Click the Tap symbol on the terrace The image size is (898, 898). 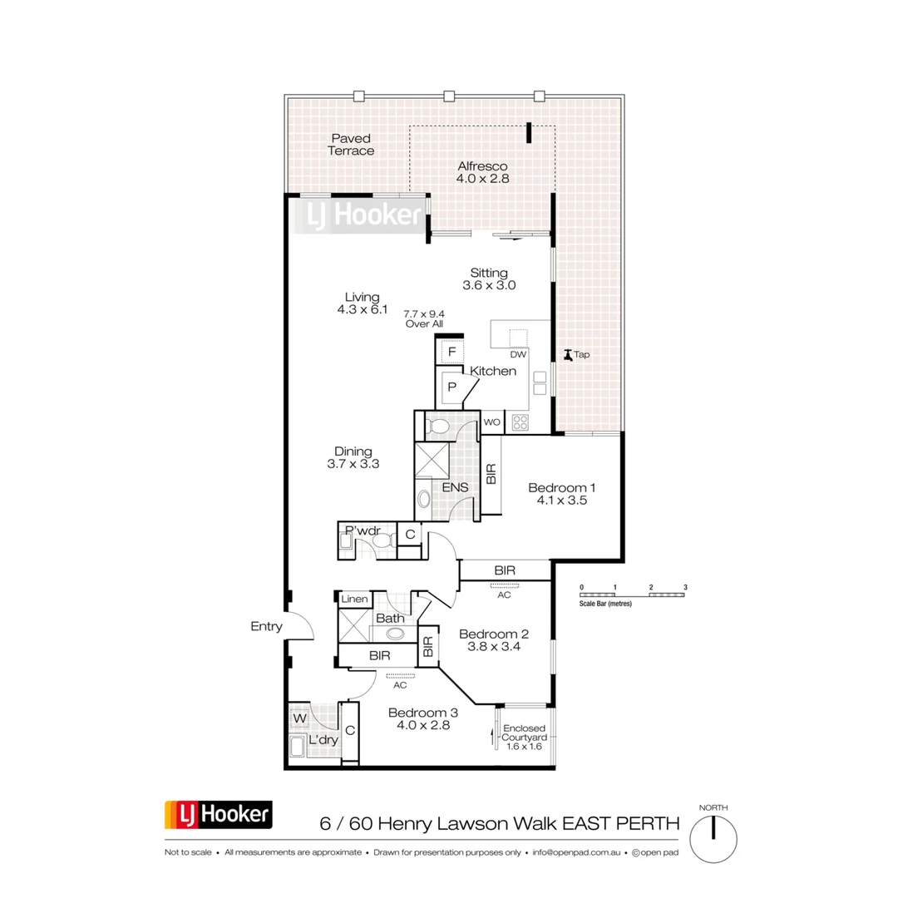568,355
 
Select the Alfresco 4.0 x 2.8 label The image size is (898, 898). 482,172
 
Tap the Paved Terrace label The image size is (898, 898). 350,145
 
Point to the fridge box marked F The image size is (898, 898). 451,352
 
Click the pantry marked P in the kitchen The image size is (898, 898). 452,387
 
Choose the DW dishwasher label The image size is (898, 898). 519,353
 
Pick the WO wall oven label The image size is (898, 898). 491,422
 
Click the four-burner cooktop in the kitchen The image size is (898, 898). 521,422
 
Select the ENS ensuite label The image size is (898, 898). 456,487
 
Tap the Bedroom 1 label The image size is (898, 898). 563,494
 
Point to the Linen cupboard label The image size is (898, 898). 353,599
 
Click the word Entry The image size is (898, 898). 266,627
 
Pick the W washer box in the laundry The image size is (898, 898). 298,717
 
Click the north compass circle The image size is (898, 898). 713,839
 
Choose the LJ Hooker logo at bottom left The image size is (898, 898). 219,815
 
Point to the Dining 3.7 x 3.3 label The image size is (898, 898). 353,458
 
